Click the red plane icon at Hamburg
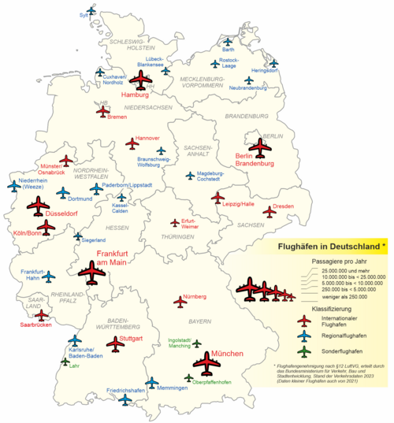[x=143, y=80]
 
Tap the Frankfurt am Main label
[x=111, y=258]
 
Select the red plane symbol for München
[x=207, y=364]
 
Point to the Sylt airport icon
[x=91, y=12]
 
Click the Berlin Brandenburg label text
[x=254, y=160]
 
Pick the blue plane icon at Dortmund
[x=61, y=193]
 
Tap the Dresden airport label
[x=284, y=206]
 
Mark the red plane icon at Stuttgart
[x=116, y=343]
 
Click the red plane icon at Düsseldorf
[x=37, y=206]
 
